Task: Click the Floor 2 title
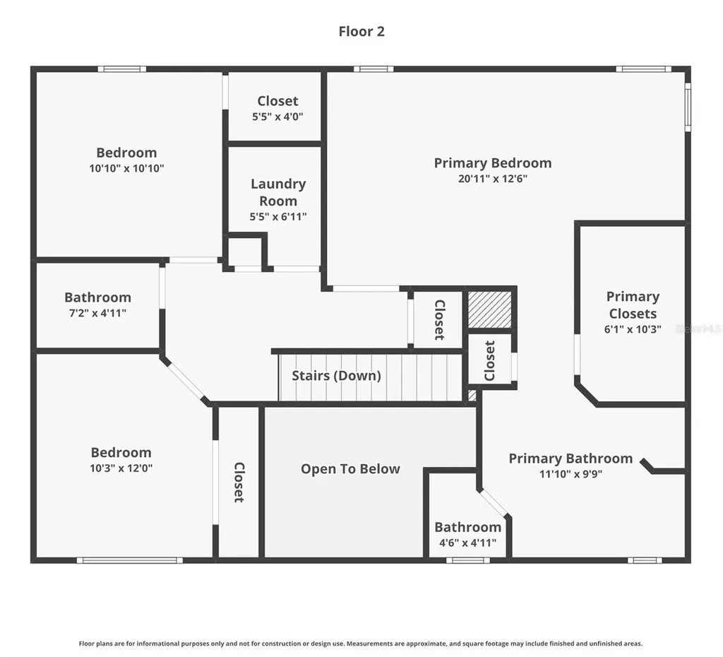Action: (361, 31)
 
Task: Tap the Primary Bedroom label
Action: (492, 163)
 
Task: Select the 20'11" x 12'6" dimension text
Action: (492, 179)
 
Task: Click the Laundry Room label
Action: (278, 192)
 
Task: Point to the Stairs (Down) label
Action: (336, 376)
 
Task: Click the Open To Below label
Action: (350, 469)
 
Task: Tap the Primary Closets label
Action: (633, 305)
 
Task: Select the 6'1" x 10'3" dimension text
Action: (633, 329)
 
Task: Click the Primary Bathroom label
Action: (570, 458)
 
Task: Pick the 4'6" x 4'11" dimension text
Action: (467, 543)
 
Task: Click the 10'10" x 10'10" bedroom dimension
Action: (126, 168)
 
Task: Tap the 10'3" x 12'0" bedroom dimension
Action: (121, 468)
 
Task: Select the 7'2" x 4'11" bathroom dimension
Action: (97, 313)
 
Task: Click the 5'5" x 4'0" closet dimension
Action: (277, 117)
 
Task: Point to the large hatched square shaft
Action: (490, 309)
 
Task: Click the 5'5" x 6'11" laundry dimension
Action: (278, 217)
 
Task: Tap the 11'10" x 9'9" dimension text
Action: (570, 474)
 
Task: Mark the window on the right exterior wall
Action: (688, 107)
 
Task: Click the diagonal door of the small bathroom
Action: (494, 502)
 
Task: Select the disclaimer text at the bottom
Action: (361, 644)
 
